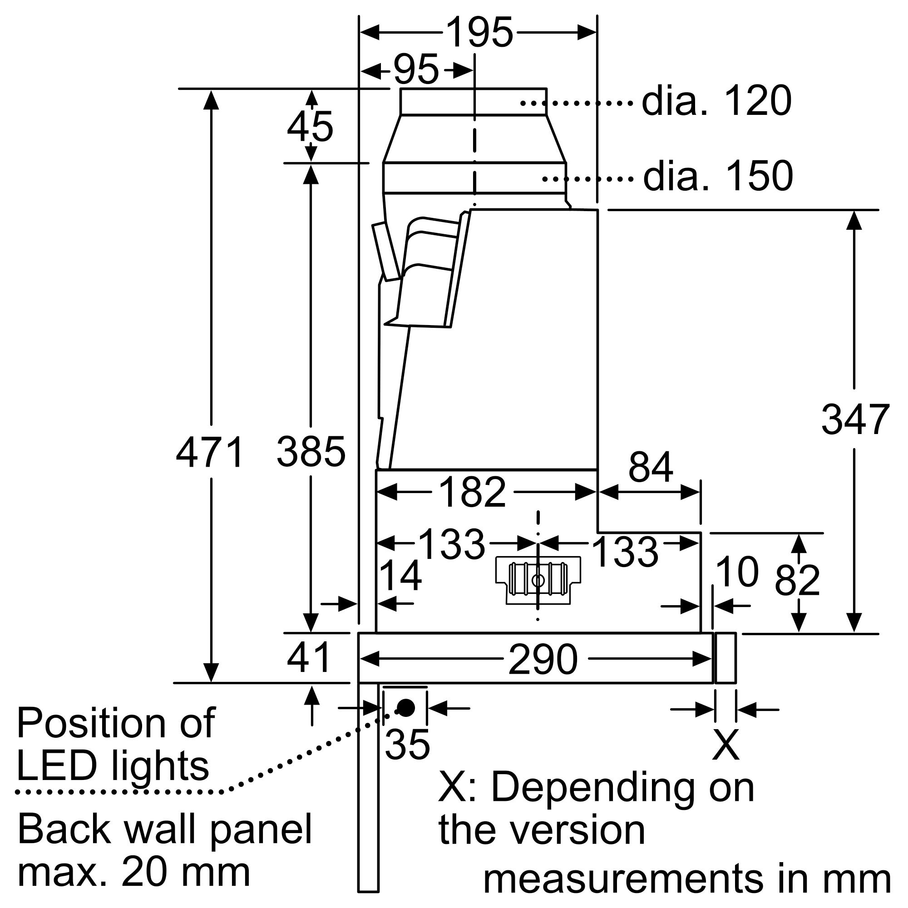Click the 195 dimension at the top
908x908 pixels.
coord(479,33)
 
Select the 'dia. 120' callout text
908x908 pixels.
coord(716,102)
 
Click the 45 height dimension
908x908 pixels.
coord(310,127)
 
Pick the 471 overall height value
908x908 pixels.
coord(210,453)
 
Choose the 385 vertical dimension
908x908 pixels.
coord(311,452)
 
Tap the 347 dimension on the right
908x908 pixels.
coord(855,419)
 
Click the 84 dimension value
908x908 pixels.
coord(651,468)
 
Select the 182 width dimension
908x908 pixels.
coord(472,493)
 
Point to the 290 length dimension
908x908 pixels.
coord(543,660)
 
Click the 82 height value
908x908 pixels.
coord(798,580)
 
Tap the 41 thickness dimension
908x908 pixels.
coord(309,658)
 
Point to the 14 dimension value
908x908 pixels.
coord(400,576)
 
